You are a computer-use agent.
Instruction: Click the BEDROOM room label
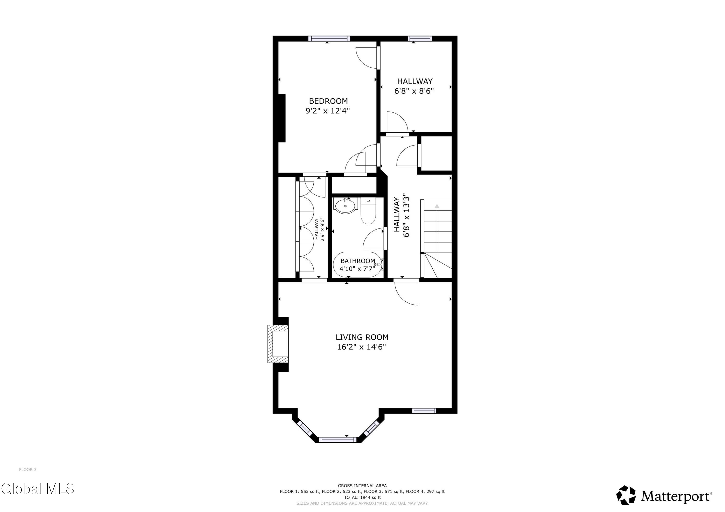(x=328, y=101)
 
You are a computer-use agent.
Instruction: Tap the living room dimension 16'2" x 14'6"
(x=362, y=347)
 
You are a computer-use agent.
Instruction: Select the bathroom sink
(x=345, y=206)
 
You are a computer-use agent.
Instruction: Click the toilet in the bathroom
(x=368, y=211)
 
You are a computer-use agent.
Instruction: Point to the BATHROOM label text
(x=358, y=261)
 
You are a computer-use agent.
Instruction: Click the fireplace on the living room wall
(x=278, y=344)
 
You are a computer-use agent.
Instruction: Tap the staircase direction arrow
(x=437, y=235)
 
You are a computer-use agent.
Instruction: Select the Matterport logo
(x=664, y=496)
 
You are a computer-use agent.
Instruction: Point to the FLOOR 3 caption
(x=28, y=470)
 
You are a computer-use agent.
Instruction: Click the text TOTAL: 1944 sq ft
(x=362, y=498)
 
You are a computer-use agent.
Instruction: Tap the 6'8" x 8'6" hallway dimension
(x=414, y=91)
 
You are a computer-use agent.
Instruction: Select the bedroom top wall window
(x=329, y=38)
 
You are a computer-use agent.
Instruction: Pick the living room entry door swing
(x=406, y=293)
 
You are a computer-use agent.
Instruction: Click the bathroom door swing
(x=374, y=238)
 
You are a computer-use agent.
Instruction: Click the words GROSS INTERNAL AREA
(x=362, y=486)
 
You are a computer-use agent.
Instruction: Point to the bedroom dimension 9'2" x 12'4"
(x=328, y=111)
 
